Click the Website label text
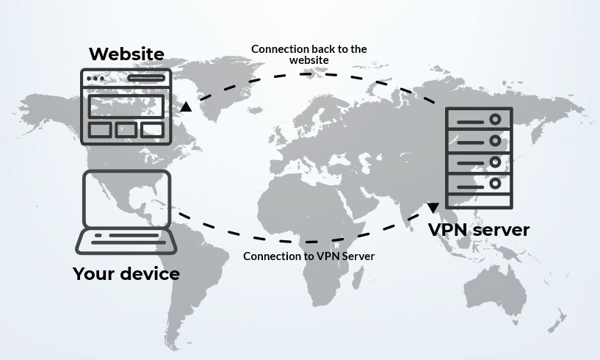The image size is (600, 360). tap(126, 54)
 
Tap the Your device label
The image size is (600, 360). tap(126, 274)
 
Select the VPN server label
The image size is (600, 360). tap(479, 229)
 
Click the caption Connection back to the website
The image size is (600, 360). tap(308, 54)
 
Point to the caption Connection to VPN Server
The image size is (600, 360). tap(308, 256)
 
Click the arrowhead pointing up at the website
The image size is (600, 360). tap(187, 107)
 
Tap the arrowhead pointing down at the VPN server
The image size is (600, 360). tap(433, 208)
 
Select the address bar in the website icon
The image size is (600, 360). tap(145, 78)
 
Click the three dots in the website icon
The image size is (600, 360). tap(95, 79)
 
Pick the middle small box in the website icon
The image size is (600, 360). tap(126, 130)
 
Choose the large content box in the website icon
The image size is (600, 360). tap(126, 107)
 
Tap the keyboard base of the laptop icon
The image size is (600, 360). tap(126, 240)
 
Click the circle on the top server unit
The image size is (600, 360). tap(496, 119)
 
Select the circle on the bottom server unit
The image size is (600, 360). tap(496, 183)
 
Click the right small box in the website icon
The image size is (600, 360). tap(152, 130)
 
